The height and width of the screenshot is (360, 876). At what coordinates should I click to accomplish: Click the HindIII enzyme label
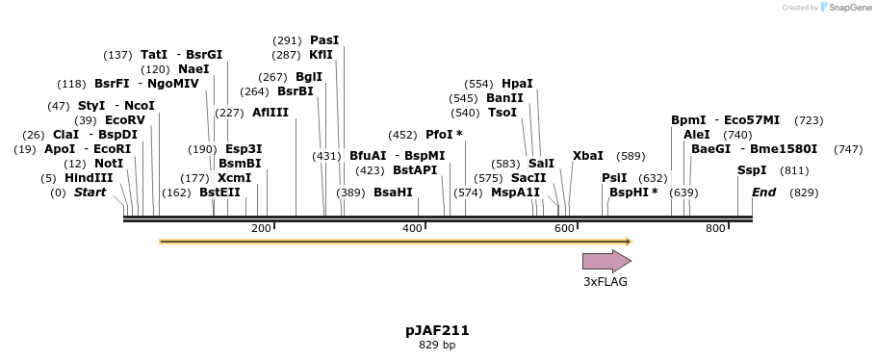[x=89, y=178]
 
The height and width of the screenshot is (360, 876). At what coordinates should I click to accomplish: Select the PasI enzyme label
[x=324, y=40]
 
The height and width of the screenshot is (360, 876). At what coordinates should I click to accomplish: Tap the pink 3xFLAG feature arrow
[x=605, y=261]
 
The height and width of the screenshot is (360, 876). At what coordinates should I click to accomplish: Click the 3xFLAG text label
[x=605, y=282]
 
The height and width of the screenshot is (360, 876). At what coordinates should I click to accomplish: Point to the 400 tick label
[x=412, y=228]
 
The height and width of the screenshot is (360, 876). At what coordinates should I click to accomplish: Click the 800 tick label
[x=715, y=228]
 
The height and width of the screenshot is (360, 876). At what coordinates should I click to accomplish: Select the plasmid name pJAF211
[x=437, y=330]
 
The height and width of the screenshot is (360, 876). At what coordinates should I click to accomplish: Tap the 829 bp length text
[x=437, y=346]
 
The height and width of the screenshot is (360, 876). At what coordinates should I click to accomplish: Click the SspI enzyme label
[x=752, y=170]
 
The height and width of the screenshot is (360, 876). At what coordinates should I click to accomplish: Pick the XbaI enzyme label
[x=588, y=156]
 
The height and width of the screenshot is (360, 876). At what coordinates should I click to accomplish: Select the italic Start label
[x=90, y=193]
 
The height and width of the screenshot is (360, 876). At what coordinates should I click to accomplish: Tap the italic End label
[x=763, y=193]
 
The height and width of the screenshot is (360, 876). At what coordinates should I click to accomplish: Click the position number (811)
[x=794, y=170]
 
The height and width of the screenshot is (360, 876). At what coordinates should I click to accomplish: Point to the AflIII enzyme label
[x=271, y=113]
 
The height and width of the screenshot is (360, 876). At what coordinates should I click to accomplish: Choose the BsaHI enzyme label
[x=393, y=193]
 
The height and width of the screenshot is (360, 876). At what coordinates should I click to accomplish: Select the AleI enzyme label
[x=696, y=135]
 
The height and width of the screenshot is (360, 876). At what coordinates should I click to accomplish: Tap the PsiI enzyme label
[x=614, y=178]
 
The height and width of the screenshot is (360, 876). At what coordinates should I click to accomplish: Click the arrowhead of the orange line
[x=628, y=242]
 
